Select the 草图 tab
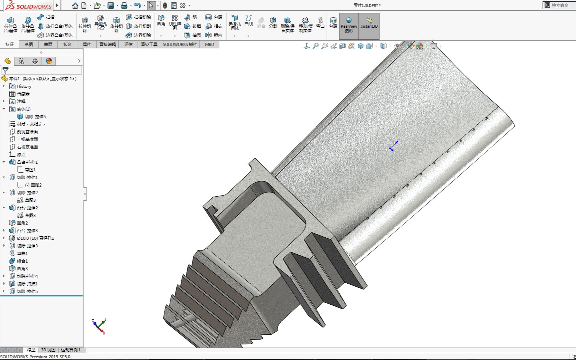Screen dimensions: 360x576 click(x=29, y=44)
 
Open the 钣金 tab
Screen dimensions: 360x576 click(x=67, y=44)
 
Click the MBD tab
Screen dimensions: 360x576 click(x=209, y=44)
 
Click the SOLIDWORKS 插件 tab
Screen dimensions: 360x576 click(x=180, y=44)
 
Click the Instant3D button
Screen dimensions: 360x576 click(x=369, y=26)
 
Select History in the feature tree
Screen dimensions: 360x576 click(x=24, y=86)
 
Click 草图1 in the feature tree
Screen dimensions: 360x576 click(x=30, y=170)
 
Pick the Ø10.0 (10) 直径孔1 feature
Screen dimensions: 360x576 click(x=35, y=238)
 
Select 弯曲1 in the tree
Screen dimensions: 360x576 click(x=22, y=254)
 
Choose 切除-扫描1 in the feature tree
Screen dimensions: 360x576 click(x=27, y=284)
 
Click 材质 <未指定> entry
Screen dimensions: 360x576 click(x=31, y=124)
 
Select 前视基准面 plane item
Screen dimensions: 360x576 click(x=27, y=132)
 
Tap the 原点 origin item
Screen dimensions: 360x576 click(x=21, y=155)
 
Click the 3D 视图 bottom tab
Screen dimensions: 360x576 click(x=48, y=350)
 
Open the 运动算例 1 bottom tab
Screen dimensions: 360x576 click(x=71, y=350)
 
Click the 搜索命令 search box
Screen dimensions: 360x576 click(x=560, y=5)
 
